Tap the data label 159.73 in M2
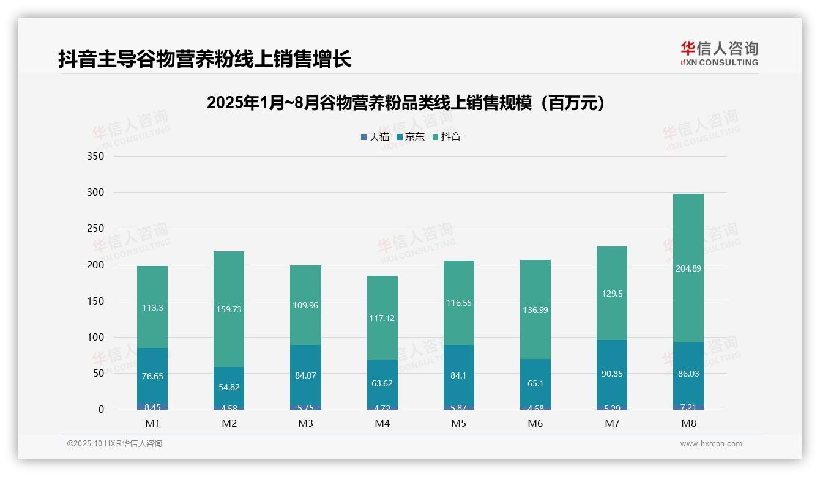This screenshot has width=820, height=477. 229,309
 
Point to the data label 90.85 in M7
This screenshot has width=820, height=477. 612,374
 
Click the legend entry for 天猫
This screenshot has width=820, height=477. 375,137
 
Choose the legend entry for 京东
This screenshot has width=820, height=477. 411,137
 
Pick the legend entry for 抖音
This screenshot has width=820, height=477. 447,137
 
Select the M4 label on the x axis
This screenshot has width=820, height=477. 382,423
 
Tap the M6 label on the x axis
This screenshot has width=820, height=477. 535,423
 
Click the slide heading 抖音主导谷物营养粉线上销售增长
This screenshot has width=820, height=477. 204,59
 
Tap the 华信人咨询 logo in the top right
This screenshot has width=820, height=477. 719,53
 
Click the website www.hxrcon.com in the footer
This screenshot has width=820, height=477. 711,444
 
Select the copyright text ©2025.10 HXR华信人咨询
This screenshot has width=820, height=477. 114,444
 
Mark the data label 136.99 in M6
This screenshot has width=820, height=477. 535,310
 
